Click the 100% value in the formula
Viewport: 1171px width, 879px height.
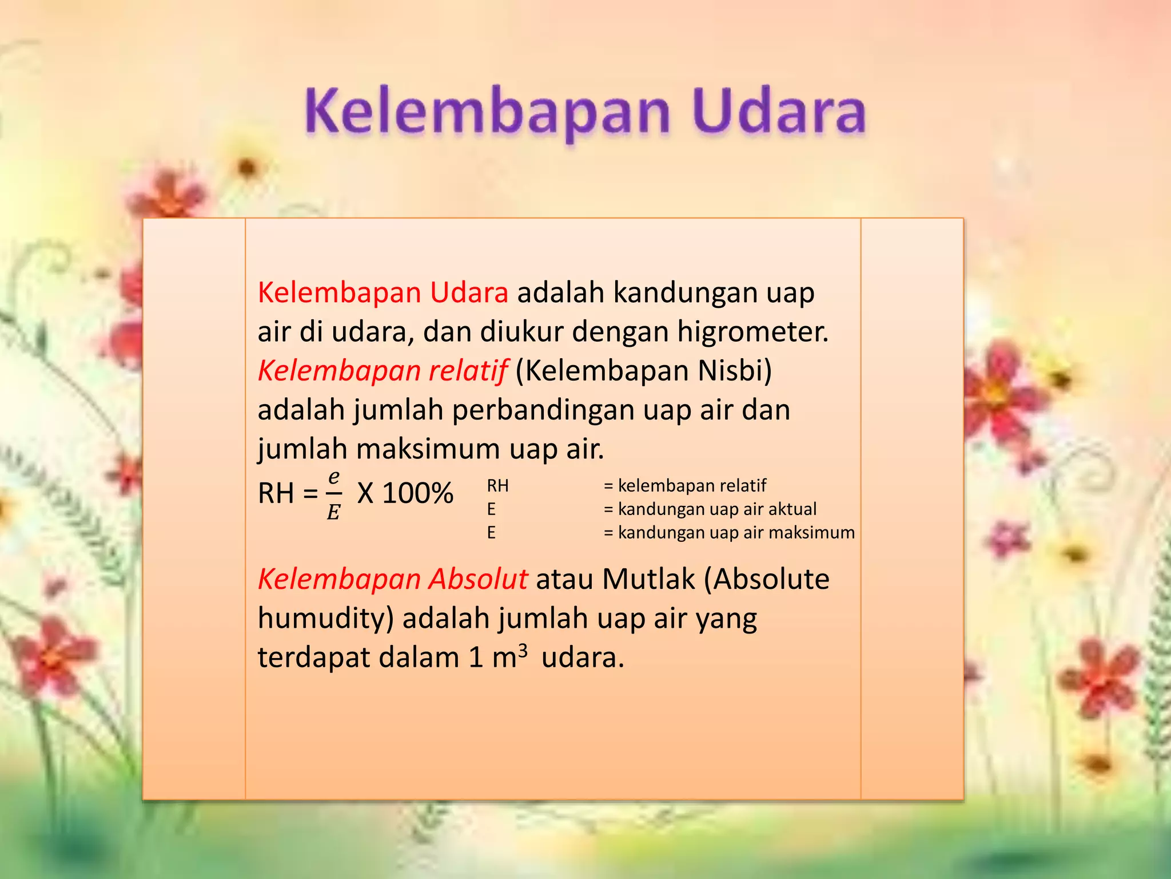point(417,493)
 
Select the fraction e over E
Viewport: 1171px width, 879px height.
point(334,494)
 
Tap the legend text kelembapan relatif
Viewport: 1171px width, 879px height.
point(692,485)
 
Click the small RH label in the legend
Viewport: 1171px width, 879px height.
point(497,485)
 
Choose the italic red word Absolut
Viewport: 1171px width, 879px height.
point(479,579)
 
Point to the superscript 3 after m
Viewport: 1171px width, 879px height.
point(523,651)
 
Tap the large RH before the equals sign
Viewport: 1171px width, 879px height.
point(276,493)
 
